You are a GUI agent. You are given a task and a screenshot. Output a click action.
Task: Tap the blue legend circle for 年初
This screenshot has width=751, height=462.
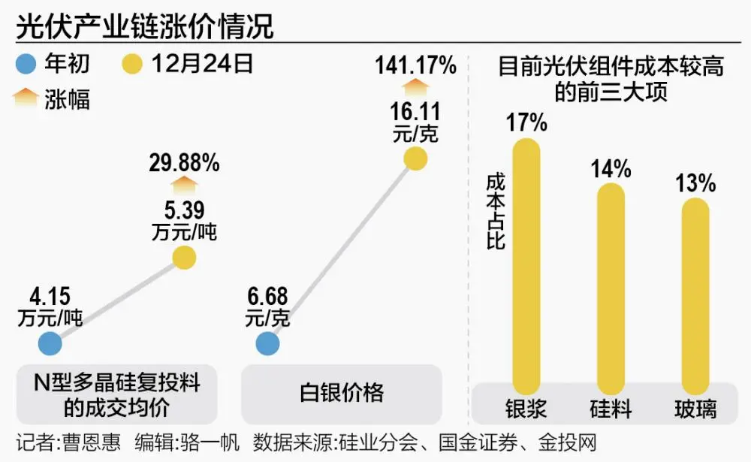pos(28,65)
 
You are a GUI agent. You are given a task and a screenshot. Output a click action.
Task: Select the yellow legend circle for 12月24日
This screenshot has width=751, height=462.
pos(133,65)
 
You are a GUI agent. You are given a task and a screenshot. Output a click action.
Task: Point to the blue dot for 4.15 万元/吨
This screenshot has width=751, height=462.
pos(50,344)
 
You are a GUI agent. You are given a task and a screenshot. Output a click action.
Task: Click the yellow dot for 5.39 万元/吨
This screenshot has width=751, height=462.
pos(184,258)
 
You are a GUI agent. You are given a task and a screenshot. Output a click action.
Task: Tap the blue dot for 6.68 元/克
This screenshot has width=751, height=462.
pos(267,344)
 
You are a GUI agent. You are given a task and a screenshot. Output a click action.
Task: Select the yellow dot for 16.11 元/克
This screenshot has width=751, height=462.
pos(415,159)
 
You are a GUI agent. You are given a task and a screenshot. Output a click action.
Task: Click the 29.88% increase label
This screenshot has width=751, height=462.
pos(184,162)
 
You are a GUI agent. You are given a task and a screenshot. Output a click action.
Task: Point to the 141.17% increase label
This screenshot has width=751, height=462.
pos(415,65)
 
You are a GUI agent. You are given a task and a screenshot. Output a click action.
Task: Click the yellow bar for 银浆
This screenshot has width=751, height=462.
pos(526,263)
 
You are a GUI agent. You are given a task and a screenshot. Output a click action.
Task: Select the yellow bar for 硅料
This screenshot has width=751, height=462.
pos(611,285)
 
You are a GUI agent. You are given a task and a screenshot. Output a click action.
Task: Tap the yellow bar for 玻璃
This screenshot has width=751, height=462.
pos(695,293)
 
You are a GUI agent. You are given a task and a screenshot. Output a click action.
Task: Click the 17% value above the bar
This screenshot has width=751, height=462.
pos(526,122)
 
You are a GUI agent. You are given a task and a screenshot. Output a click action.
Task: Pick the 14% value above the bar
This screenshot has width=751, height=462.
pos(611,168)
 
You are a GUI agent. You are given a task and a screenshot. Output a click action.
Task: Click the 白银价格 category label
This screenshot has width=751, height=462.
pos(342,392)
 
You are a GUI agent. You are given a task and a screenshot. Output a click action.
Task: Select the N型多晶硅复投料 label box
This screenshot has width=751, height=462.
pos(117,394)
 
